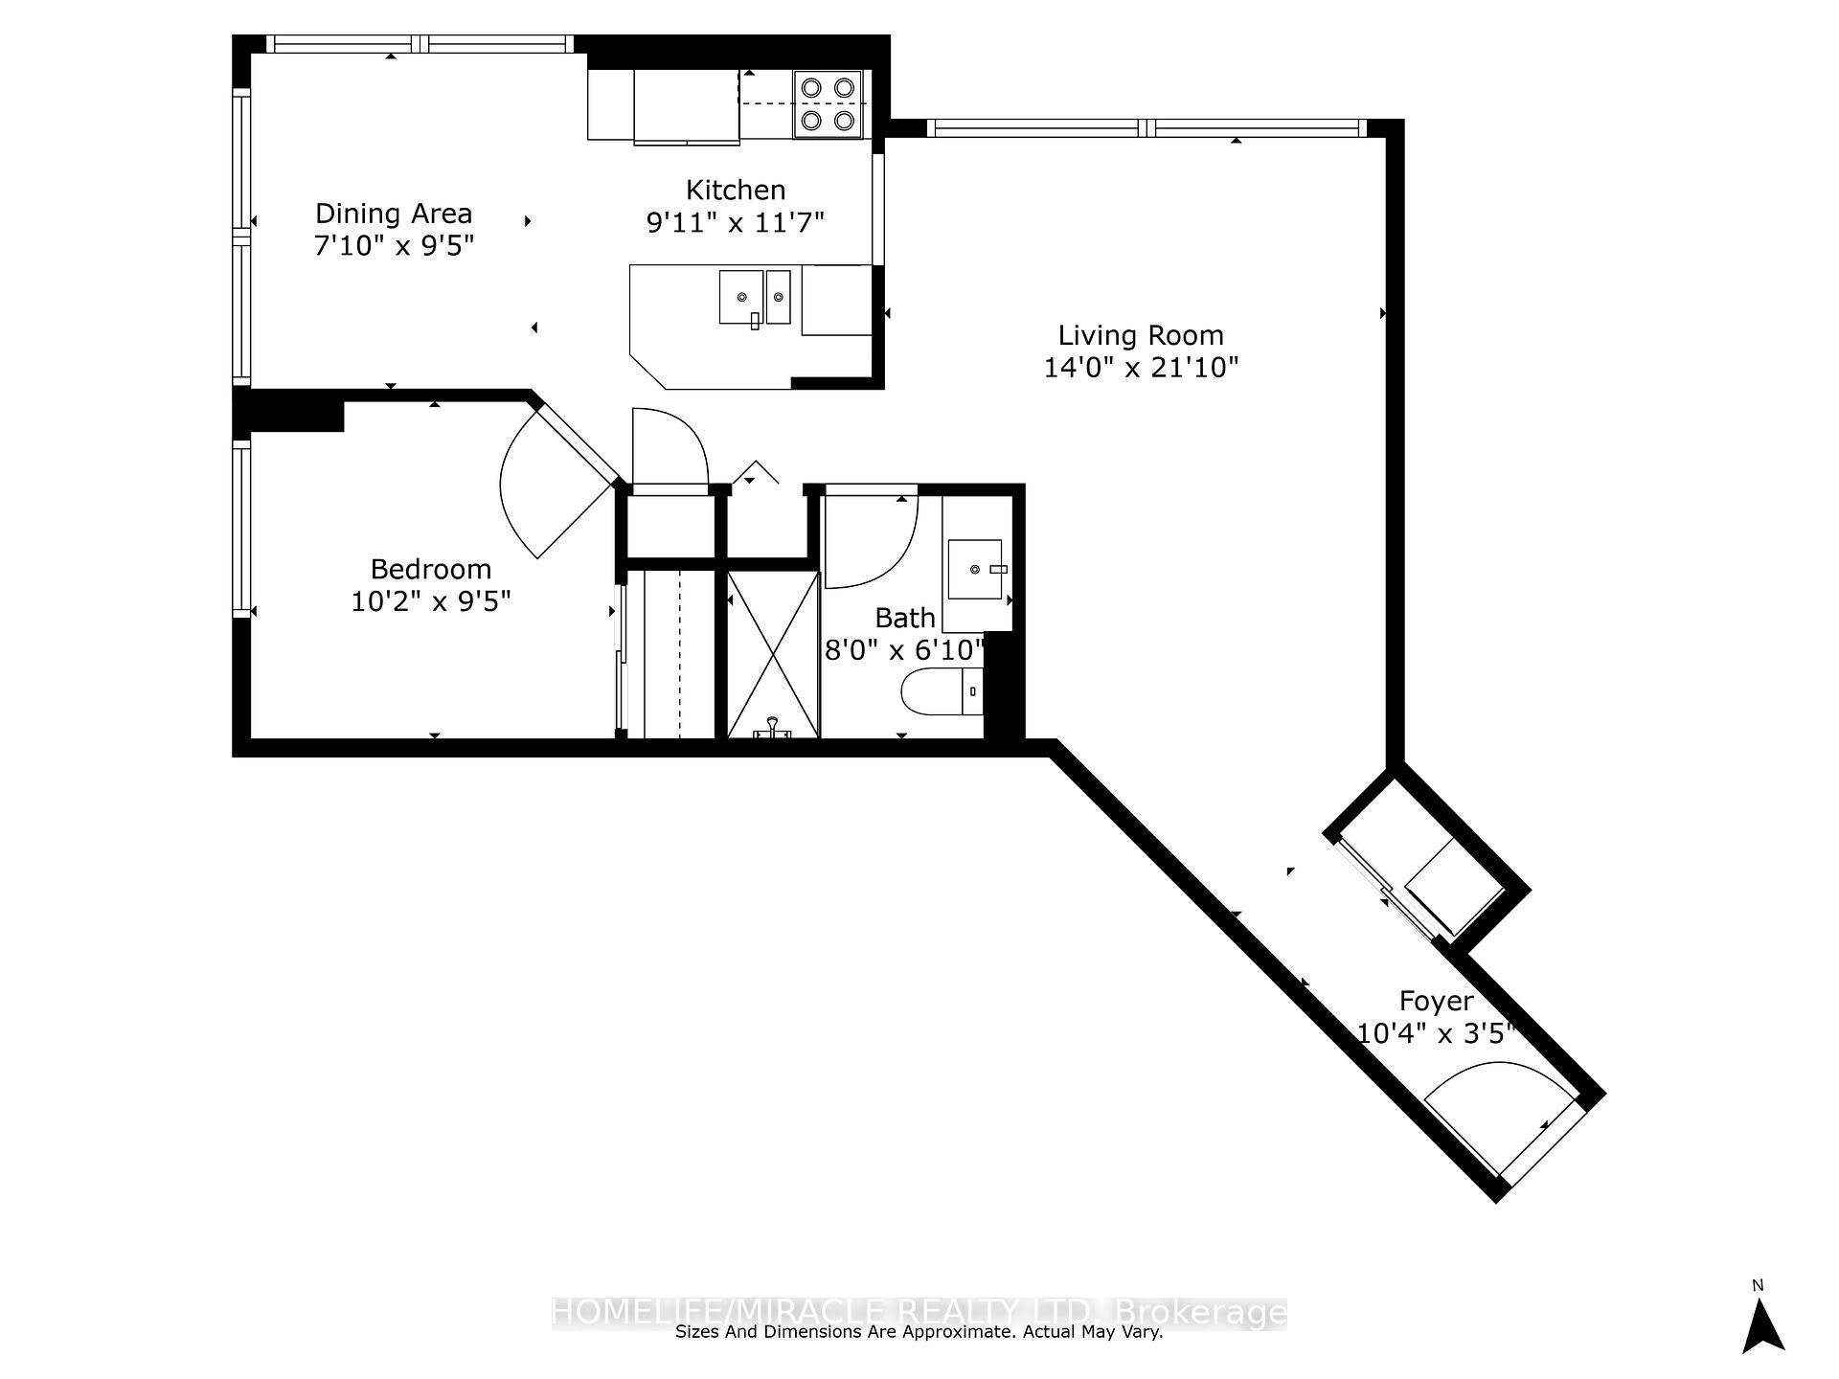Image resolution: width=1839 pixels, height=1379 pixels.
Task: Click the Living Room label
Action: click(x=1141, y=336)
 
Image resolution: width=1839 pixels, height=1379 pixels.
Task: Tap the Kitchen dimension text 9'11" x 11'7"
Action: click(x=736, y=222)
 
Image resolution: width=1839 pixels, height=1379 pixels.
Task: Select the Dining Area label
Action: click(x=394, y=214)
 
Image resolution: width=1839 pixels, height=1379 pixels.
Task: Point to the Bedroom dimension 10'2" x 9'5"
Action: click(x=431, y=601)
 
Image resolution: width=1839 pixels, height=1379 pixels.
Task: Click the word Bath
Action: click(x=905, y=618)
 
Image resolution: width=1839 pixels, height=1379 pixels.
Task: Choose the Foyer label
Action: click(x=1436, y=1002)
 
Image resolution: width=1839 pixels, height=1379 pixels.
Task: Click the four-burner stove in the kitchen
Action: click(x=828, y=103)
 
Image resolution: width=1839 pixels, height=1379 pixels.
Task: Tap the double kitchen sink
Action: click(x=755, y=297)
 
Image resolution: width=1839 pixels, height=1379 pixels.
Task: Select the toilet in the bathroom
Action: click(x=942, y=691)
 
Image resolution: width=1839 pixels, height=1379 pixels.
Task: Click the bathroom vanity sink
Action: click(x=975, y=569)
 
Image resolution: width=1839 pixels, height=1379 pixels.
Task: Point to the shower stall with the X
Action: click(x=773, y=655)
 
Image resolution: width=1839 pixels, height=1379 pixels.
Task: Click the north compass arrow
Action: click(x=1763, y=1326)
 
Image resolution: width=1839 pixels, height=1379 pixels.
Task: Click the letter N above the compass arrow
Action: click(x=1758, y=1285)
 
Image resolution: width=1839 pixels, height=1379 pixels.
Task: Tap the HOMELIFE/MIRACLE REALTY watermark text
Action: click(x=919, y=1311)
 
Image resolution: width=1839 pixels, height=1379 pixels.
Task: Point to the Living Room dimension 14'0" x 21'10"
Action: click(x=1141, y=368)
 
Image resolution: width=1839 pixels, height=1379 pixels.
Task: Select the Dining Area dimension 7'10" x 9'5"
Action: click(x=394, y=246)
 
